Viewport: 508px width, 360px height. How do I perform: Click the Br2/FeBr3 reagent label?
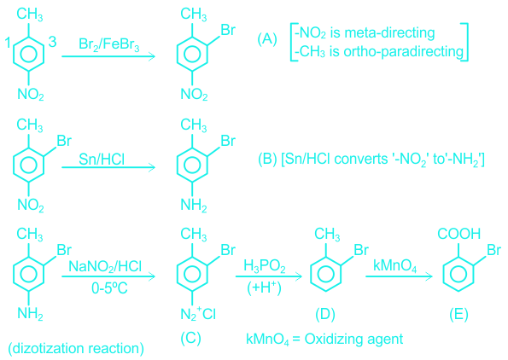click(x=109, y=44)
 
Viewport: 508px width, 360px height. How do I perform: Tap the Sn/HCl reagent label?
click(x=102, y=159)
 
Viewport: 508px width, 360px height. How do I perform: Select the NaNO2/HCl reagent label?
click(x=105, y=267)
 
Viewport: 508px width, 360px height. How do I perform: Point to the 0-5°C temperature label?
click(x=109, y=287)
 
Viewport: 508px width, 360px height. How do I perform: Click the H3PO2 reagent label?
click(x=265, y=267)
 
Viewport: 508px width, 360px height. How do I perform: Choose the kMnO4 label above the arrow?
click(x=395, y=266)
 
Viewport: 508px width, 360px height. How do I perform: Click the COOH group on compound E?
click(x=458, y=234)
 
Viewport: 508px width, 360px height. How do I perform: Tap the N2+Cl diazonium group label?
click(x=198, y=314)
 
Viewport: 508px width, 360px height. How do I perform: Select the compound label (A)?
click(x=267, y=39)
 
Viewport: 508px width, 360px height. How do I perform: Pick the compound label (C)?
click(x=191, y=338)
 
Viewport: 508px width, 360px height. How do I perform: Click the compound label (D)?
click(x=325, y=314)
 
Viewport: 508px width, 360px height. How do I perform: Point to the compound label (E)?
click(x=458, y=314)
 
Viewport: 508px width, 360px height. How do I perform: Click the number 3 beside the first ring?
click(x=52, y=42)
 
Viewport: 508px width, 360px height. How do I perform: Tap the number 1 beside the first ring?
click(x=8, y=43)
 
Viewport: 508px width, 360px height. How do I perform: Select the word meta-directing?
click(x=389, y=33)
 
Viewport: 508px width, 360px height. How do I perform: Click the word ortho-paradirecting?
click(x=404, y=52)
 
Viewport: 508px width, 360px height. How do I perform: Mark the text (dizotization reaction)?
click(x=76, y=348)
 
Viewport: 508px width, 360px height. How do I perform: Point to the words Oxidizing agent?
click(x=353, y=340)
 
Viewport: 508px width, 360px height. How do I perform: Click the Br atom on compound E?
click(x=493, y=250)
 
